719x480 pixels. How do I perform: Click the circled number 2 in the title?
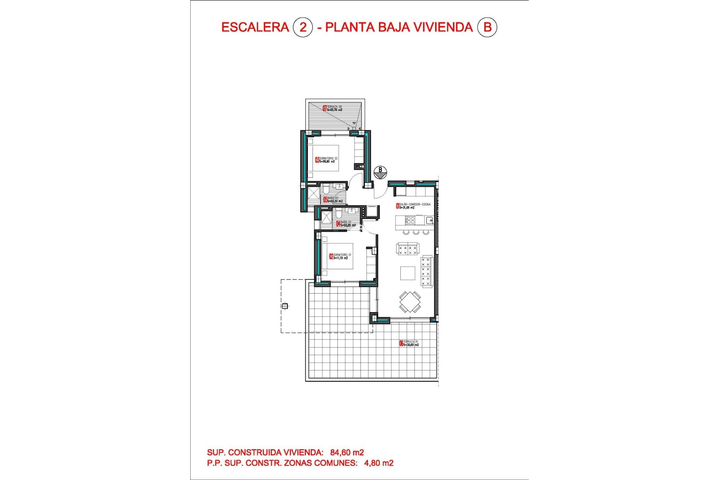[x=303, y=27]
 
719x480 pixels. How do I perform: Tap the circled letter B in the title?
[x=487, y=27]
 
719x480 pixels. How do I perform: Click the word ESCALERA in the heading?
[x=255, y=27]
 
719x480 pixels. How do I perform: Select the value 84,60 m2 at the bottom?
[x=347, y=453]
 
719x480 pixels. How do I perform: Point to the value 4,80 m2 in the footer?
[x=379, y=463]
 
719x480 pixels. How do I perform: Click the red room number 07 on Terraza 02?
[x=325, y=108]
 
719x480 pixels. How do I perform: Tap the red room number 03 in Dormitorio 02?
[x=317, y=160]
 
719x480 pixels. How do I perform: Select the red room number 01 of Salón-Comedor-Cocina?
[x=398, y=205]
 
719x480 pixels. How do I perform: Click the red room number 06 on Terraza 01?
[x=401, y=343]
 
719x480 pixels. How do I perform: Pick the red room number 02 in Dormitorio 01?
[x=331, y=256]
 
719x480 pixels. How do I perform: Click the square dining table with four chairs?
[x=410, y=302]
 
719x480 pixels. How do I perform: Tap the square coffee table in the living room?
[x=407, y=273]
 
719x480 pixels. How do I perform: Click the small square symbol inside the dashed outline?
[x=285, y=306]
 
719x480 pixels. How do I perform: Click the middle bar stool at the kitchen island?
[x=416, y=232]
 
